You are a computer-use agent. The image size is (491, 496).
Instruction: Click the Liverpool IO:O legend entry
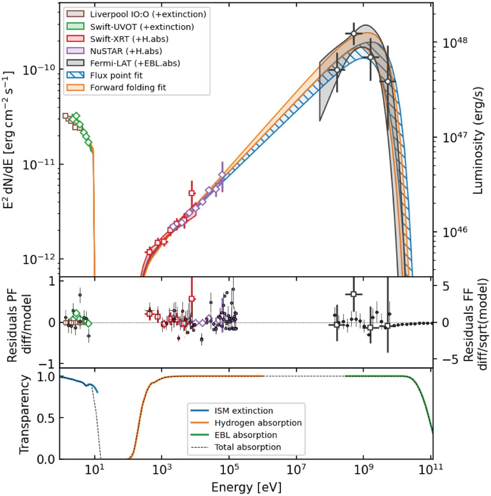click(148, 14)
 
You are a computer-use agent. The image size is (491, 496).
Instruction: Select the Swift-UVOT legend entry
click(142, 27)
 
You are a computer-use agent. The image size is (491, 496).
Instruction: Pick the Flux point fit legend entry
click(116, 75)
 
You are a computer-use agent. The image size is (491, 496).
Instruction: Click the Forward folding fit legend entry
click(128, 87)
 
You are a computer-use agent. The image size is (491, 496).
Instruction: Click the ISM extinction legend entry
click(243, 411)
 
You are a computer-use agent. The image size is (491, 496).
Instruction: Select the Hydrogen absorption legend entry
click(258, 423)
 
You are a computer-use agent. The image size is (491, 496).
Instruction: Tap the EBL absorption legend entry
click(245, 435)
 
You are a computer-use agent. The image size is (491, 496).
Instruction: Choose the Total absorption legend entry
click(248, 447)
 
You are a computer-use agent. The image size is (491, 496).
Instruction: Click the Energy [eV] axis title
click(246, 487)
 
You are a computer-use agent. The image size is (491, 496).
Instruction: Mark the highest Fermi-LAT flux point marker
click(354, 34)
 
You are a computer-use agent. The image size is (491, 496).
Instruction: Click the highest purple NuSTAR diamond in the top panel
click(222, 175)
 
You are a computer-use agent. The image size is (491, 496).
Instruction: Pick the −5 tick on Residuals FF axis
click(444, 359)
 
